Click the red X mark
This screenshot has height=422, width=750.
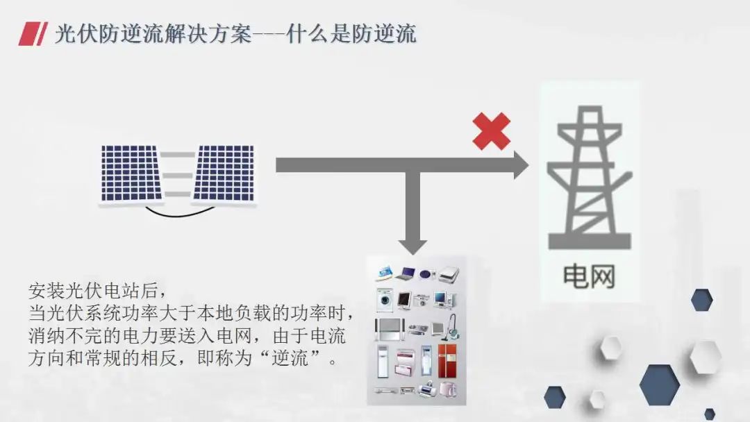491,131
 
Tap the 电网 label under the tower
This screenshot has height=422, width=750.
589,277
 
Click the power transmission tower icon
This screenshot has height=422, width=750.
589,178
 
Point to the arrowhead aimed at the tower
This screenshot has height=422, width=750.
519,165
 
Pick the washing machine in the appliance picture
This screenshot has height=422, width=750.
384,301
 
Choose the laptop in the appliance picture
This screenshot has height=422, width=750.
406,273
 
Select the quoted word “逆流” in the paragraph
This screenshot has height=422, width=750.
303,361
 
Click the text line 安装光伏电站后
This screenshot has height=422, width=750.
97,288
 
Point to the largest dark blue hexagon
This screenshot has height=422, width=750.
658,385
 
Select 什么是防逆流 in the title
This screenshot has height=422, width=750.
351,33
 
